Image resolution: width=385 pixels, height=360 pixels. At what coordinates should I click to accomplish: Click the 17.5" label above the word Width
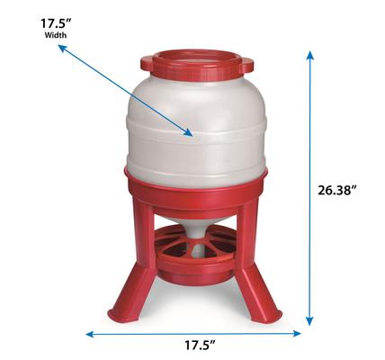pos(30,21)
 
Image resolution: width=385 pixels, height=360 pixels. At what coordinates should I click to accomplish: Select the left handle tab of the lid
pos(147,64)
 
